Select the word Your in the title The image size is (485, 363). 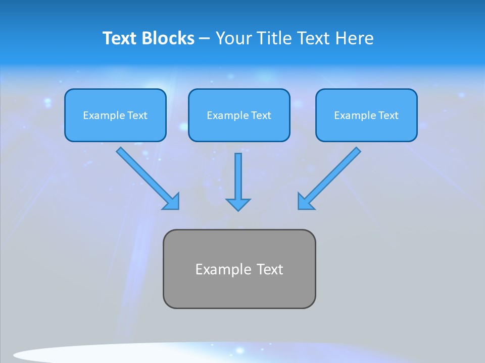click(233, 38)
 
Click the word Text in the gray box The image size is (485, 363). click(270, 269)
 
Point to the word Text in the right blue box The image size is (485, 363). click(389, 115)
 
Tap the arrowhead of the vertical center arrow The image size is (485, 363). click(238, 204)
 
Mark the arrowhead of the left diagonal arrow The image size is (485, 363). click(172, 202)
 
